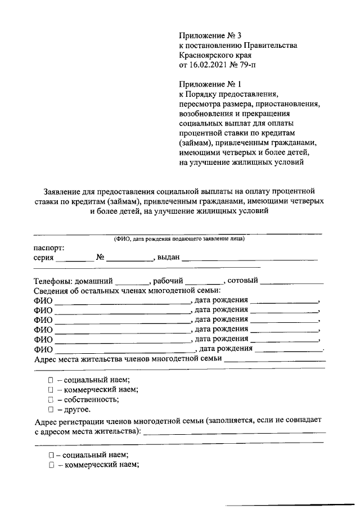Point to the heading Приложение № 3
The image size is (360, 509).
point(206,35)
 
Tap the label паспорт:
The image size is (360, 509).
point(49,247)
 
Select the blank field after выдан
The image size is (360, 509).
point(250,259)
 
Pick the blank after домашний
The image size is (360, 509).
point(132,281)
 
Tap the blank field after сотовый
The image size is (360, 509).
point(291,281)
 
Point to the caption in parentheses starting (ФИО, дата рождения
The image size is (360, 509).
point(178,238)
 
